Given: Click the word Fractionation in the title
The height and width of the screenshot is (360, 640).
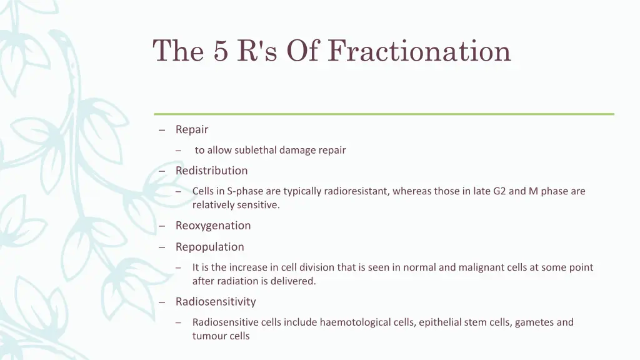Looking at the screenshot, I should click(419, 51).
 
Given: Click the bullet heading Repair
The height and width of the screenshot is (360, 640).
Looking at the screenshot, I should click(191, 129).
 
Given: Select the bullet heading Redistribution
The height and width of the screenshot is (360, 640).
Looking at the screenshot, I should click(211, 171).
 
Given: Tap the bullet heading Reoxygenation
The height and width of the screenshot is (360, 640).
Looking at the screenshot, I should click(212, 226).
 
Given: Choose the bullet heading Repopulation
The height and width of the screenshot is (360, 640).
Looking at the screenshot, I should click(209, 247).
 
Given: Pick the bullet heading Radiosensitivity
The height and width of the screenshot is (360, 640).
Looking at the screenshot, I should click(216, 302).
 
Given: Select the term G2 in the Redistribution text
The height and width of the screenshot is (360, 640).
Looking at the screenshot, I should click(499, 191).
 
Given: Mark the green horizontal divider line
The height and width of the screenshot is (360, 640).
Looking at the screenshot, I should click(384, 114).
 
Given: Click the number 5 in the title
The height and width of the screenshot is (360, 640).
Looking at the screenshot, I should click(220, 51).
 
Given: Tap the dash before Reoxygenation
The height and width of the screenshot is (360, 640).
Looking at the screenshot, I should click(162, 226).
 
